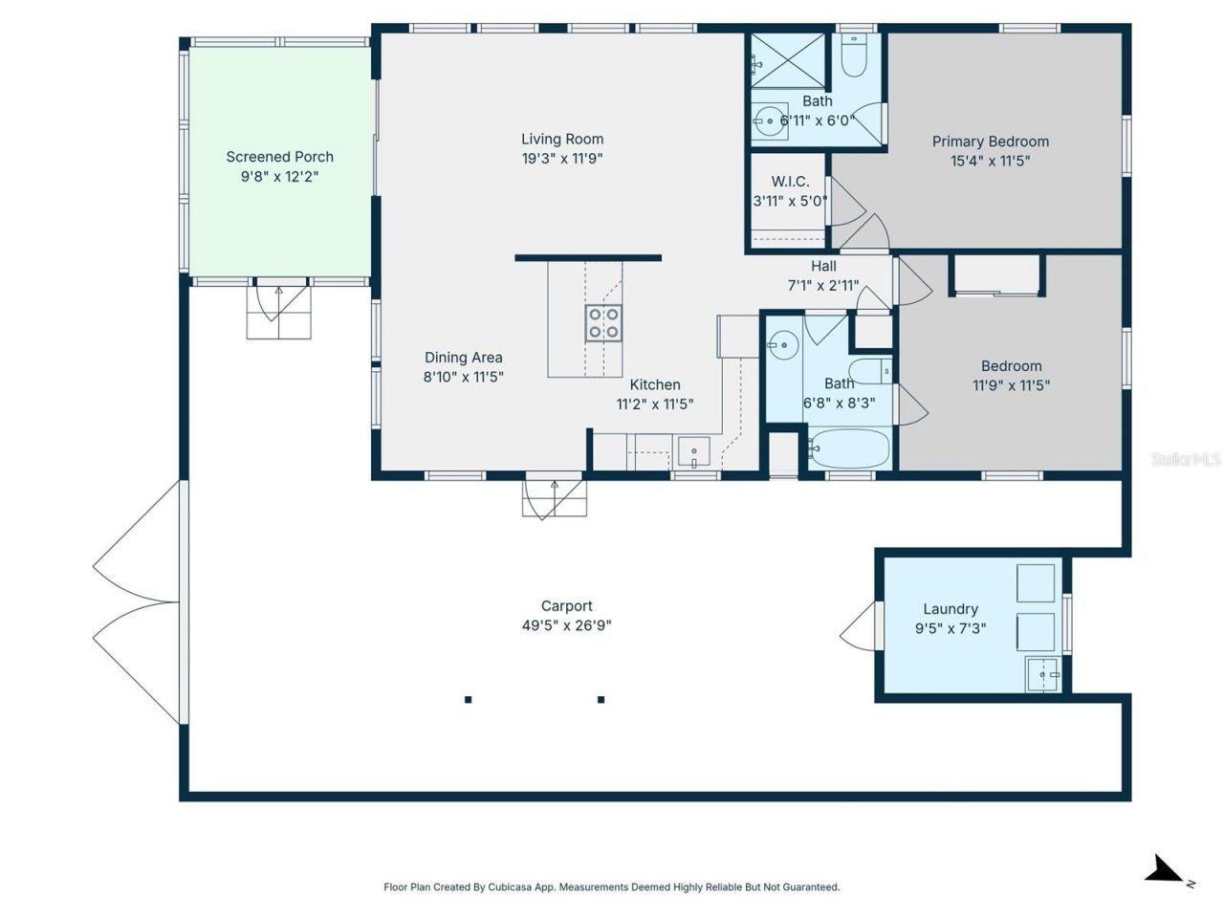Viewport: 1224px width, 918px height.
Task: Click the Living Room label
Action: (x=562, y=139)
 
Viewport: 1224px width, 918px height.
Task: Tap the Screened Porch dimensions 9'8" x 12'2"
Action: (x=279, y=177)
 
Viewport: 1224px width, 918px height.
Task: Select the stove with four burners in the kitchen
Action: (x=603, y=322)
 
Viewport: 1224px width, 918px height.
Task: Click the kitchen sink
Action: (x=693, y=450)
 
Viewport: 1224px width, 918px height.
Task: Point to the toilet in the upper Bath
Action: (x=853, y=56)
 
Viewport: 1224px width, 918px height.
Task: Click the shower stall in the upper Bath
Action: (x=786, y=60)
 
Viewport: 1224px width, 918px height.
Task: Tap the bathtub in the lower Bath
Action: (x=849, y=448)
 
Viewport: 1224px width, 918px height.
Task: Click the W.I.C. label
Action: (x=790, y=182)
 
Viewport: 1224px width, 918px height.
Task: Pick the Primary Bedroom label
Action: (x=990, y=142)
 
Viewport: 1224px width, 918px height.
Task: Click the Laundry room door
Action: (x=859, y=626)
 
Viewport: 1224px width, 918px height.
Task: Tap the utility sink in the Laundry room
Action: (x=1042, y=673)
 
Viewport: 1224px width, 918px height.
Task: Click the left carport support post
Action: (x=468, y=699)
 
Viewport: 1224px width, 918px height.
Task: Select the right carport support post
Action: (x=601, y=699)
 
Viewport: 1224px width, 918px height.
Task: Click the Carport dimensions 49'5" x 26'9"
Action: (x=566, y=626)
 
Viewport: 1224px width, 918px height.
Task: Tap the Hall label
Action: (x=823, y=266)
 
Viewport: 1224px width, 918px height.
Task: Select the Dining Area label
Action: (x=463, y=358)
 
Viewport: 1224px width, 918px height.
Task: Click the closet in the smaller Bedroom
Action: (x=996, y=276)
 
